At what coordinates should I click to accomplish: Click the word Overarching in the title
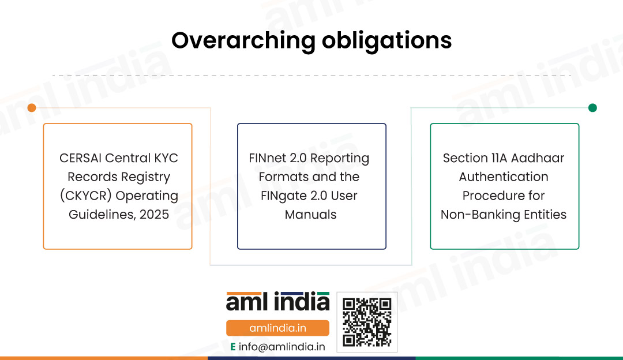coord(243,41)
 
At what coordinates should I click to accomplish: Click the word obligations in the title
coord(386,41)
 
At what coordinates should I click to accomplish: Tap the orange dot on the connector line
coord(32,108)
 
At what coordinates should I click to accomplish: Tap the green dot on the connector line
coord(592,108)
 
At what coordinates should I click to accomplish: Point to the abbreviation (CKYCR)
coord(86,196)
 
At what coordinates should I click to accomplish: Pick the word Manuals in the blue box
coord(311,215)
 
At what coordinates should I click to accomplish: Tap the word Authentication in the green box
coord(504,177)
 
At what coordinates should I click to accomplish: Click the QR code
coord(367,322)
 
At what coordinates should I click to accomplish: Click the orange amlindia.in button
coord(277,328)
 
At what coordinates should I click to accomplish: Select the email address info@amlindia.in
coord(282,347)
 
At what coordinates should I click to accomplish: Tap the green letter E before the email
coord(233,347)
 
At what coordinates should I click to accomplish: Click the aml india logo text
coord(277,302)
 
